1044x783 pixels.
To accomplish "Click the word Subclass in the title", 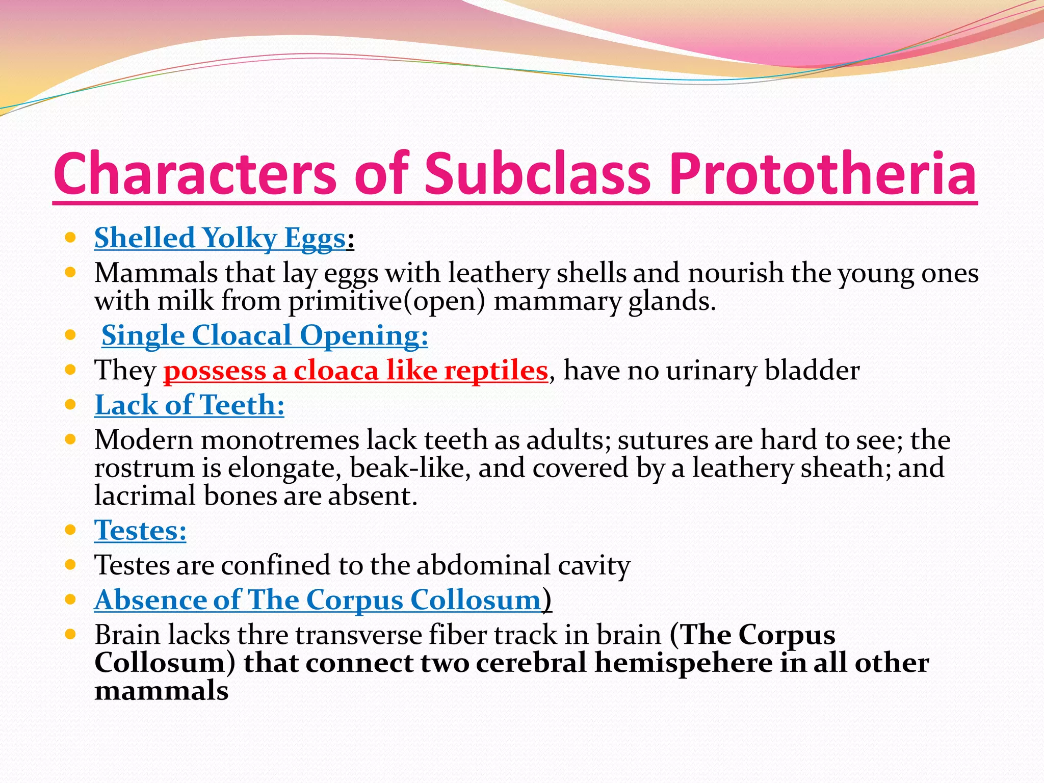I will click(537, 173).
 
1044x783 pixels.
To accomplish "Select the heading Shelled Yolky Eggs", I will click(220, 238).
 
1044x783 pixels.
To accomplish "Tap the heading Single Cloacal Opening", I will click(265, 335).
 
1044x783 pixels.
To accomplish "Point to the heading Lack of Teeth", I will click(189, 405).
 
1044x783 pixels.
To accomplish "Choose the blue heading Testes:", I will click(140, 530).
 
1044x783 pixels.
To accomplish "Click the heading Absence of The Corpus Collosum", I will click(318, 600).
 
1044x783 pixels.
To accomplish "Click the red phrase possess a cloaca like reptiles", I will click(355, 371).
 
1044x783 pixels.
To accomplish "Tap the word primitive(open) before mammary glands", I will click(386, 301).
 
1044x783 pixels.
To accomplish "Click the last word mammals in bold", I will click(161, 691).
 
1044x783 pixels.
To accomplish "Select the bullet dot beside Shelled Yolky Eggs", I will click(71, 238).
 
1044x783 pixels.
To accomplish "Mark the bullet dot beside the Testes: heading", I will click(71, 530).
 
